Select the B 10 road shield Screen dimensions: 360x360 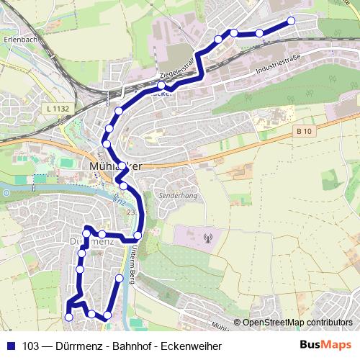(305, 130)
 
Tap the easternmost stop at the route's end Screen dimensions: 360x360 (292, 21)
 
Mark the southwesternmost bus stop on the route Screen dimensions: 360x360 (69, 316)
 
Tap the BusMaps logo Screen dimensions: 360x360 (325, 345)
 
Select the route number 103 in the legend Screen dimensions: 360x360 (30, 346)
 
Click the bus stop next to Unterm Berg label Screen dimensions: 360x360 (138, 235)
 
